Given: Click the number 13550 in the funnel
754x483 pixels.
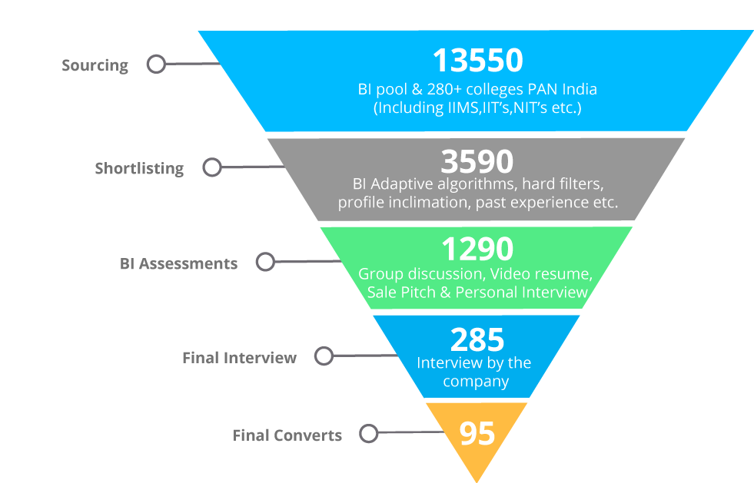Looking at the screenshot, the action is tap(477, 61).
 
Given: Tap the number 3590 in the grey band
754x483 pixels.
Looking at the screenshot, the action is tap(477, 161).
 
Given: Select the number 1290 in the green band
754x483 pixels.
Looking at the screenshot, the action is tap(477, 249).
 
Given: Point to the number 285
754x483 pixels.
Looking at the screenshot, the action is tap(477, 339).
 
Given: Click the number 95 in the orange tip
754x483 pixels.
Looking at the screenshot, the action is tap(477, 434).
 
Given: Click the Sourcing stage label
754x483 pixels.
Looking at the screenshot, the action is tap(95, 65).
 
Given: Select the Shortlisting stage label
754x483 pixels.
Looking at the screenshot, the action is tap(139, 169).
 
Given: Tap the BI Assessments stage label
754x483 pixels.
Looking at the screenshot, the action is tap(178, 263).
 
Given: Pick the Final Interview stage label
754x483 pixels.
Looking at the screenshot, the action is tap(240, 358).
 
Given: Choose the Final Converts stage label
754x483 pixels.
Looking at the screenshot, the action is tap(287, 435).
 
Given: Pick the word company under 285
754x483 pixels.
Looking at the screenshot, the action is tap(476, 382).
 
